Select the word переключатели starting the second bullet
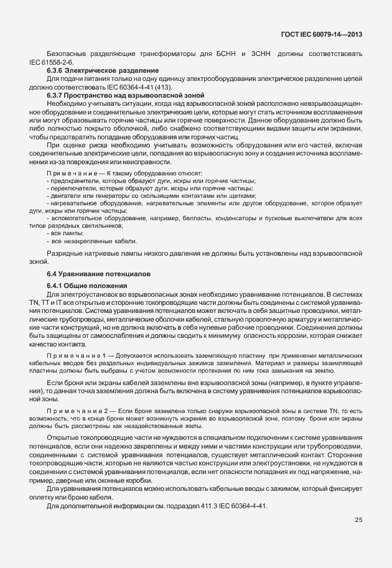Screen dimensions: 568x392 point(73,187)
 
